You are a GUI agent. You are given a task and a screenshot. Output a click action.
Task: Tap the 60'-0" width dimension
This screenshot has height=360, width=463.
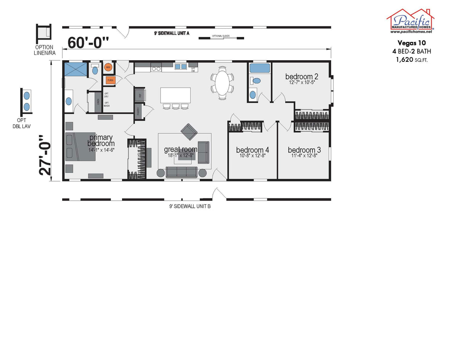88,42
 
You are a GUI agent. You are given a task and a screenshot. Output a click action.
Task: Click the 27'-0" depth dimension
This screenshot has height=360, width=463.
45,155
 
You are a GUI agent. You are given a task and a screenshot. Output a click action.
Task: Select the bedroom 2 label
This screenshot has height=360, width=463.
301,77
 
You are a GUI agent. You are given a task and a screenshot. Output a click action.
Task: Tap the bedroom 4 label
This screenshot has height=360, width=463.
252,150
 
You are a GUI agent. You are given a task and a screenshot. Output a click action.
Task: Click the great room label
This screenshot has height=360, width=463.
180,149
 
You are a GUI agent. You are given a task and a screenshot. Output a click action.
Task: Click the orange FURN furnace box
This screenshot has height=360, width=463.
110,80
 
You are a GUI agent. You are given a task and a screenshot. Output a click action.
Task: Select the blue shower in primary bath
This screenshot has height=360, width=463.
76,70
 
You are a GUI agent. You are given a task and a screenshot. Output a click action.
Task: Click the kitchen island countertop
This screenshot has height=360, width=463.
175,95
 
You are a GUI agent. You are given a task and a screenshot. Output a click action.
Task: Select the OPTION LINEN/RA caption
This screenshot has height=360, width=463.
45,50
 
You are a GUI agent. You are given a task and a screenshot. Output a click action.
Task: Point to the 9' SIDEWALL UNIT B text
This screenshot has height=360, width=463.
190,206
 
